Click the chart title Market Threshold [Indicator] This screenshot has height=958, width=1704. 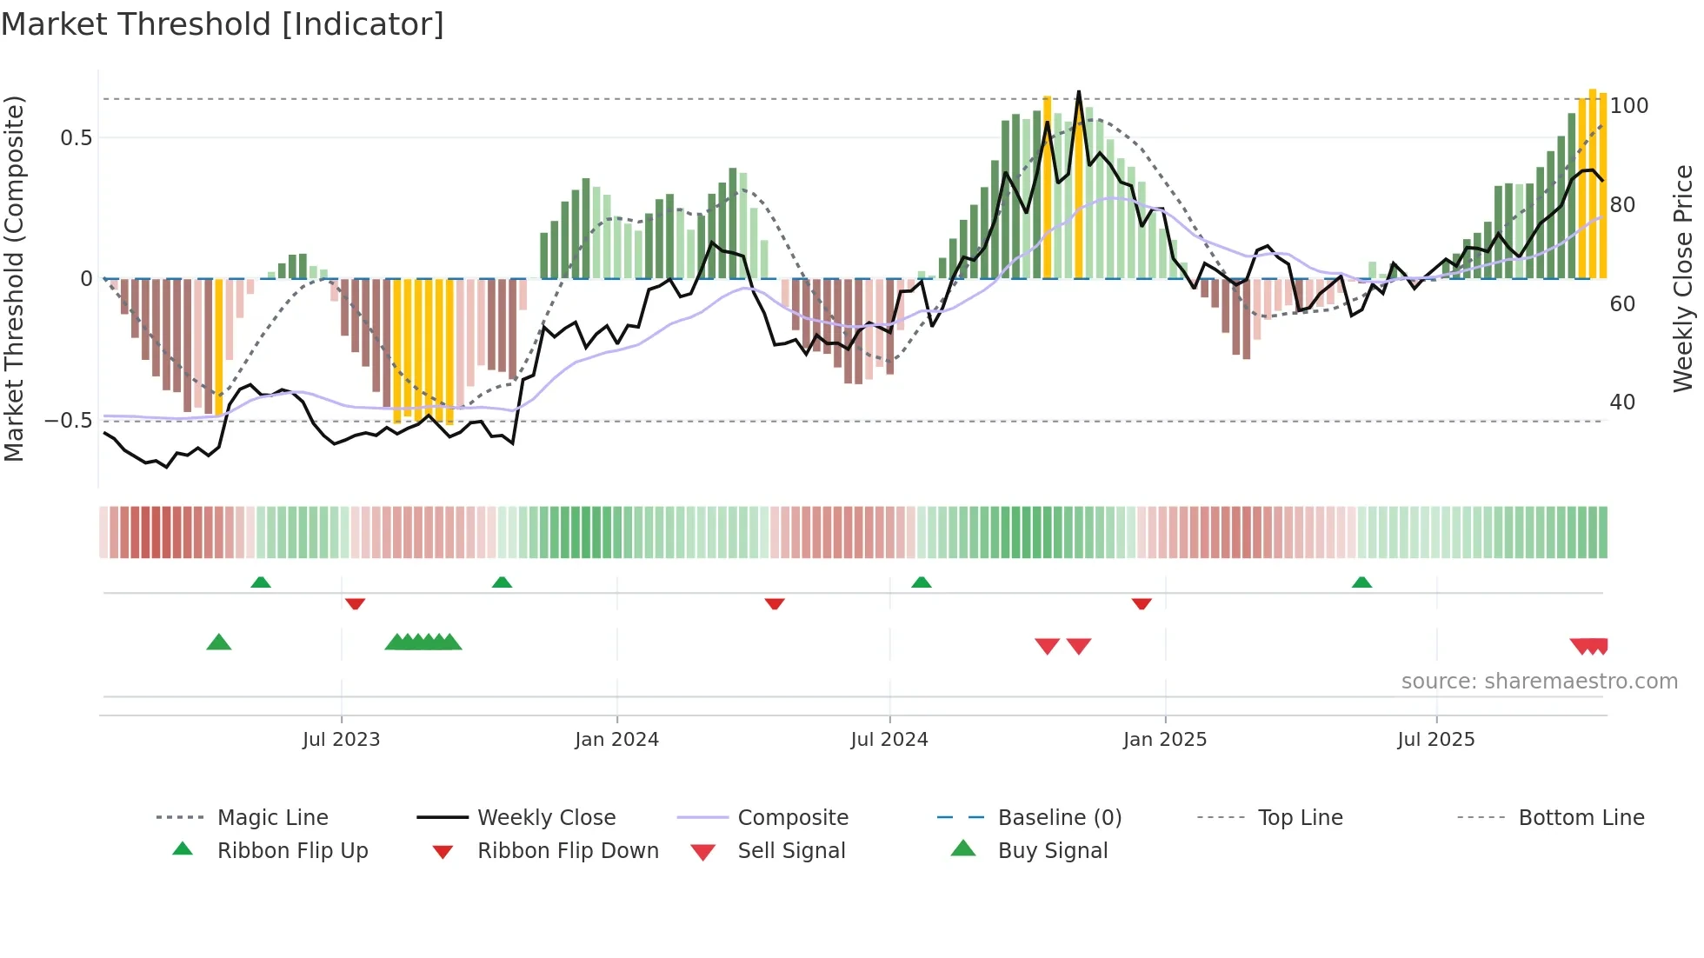(223, 24)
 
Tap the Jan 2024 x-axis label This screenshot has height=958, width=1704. (616, 740)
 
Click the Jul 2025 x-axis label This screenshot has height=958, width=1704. (1435, 740)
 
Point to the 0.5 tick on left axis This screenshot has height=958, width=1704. (76, 138)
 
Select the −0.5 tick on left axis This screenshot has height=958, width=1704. (69, 421)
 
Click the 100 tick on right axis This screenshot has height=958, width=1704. (1628, 106)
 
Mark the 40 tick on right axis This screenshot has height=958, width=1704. (1621, 402)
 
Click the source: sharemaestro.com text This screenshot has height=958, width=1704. (1539, 682)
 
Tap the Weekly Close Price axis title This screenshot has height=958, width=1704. (1683, 278)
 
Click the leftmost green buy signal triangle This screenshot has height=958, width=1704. (219, 642)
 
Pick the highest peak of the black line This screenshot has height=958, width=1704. (1079, 91)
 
